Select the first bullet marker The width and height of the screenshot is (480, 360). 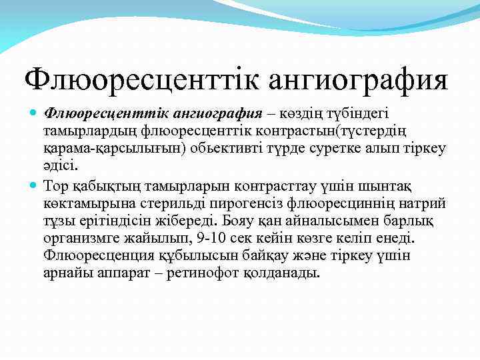click(34, 111)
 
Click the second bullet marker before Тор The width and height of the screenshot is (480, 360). click(34, 183)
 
